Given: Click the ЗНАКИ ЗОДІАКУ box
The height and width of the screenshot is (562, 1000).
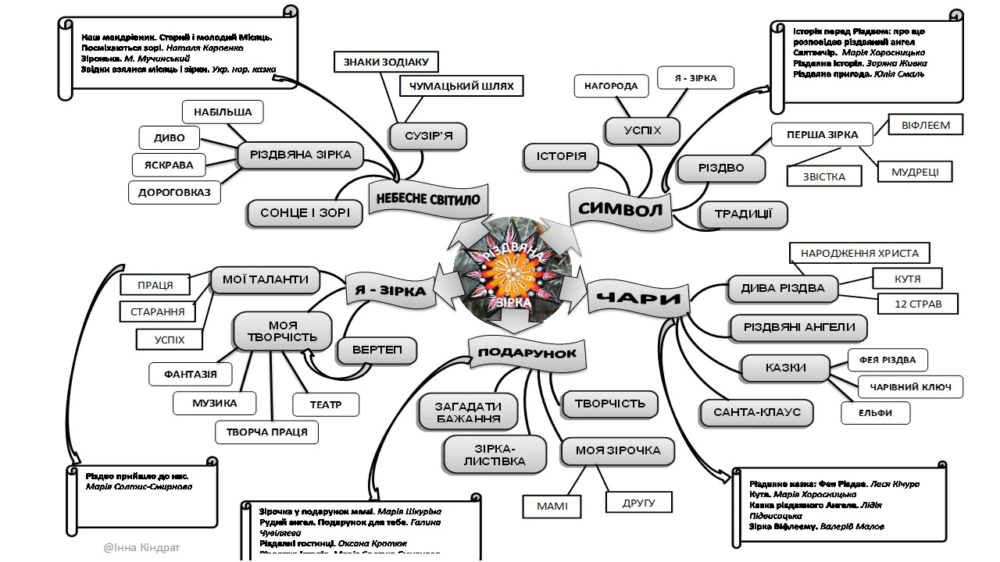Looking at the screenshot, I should [386, 62].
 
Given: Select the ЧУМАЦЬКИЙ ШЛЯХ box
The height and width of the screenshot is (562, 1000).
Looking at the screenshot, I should [461, 87].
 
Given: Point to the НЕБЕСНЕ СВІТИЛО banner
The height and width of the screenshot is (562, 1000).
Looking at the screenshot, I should [428, 198].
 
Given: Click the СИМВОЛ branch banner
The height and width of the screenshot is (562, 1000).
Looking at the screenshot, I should [620, 208].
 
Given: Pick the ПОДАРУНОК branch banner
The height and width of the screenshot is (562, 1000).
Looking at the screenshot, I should [527, 353].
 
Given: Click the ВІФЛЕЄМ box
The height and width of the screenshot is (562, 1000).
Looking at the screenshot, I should [925, 124].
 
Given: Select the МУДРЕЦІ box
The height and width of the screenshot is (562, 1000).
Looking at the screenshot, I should [915, 172].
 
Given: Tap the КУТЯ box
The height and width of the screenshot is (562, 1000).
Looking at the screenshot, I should [907, 278].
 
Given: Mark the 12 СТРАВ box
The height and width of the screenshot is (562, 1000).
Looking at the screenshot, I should [917, 303].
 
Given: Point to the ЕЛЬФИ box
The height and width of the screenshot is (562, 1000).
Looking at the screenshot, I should [875, 413].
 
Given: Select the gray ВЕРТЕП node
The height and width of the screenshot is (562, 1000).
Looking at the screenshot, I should [377, 350].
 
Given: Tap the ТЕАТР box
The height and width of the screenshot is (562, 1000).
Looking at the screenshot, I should [325, 404].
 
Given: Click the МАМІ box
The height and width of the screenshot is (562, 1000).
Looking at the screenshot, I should [552, 507].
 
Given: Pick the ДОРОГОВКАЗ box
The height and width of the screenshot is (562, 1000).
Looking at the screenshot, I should [174, 192].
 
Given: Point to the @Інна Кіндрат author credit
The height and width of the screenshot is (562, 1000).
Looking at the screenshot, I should [141, 547].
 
